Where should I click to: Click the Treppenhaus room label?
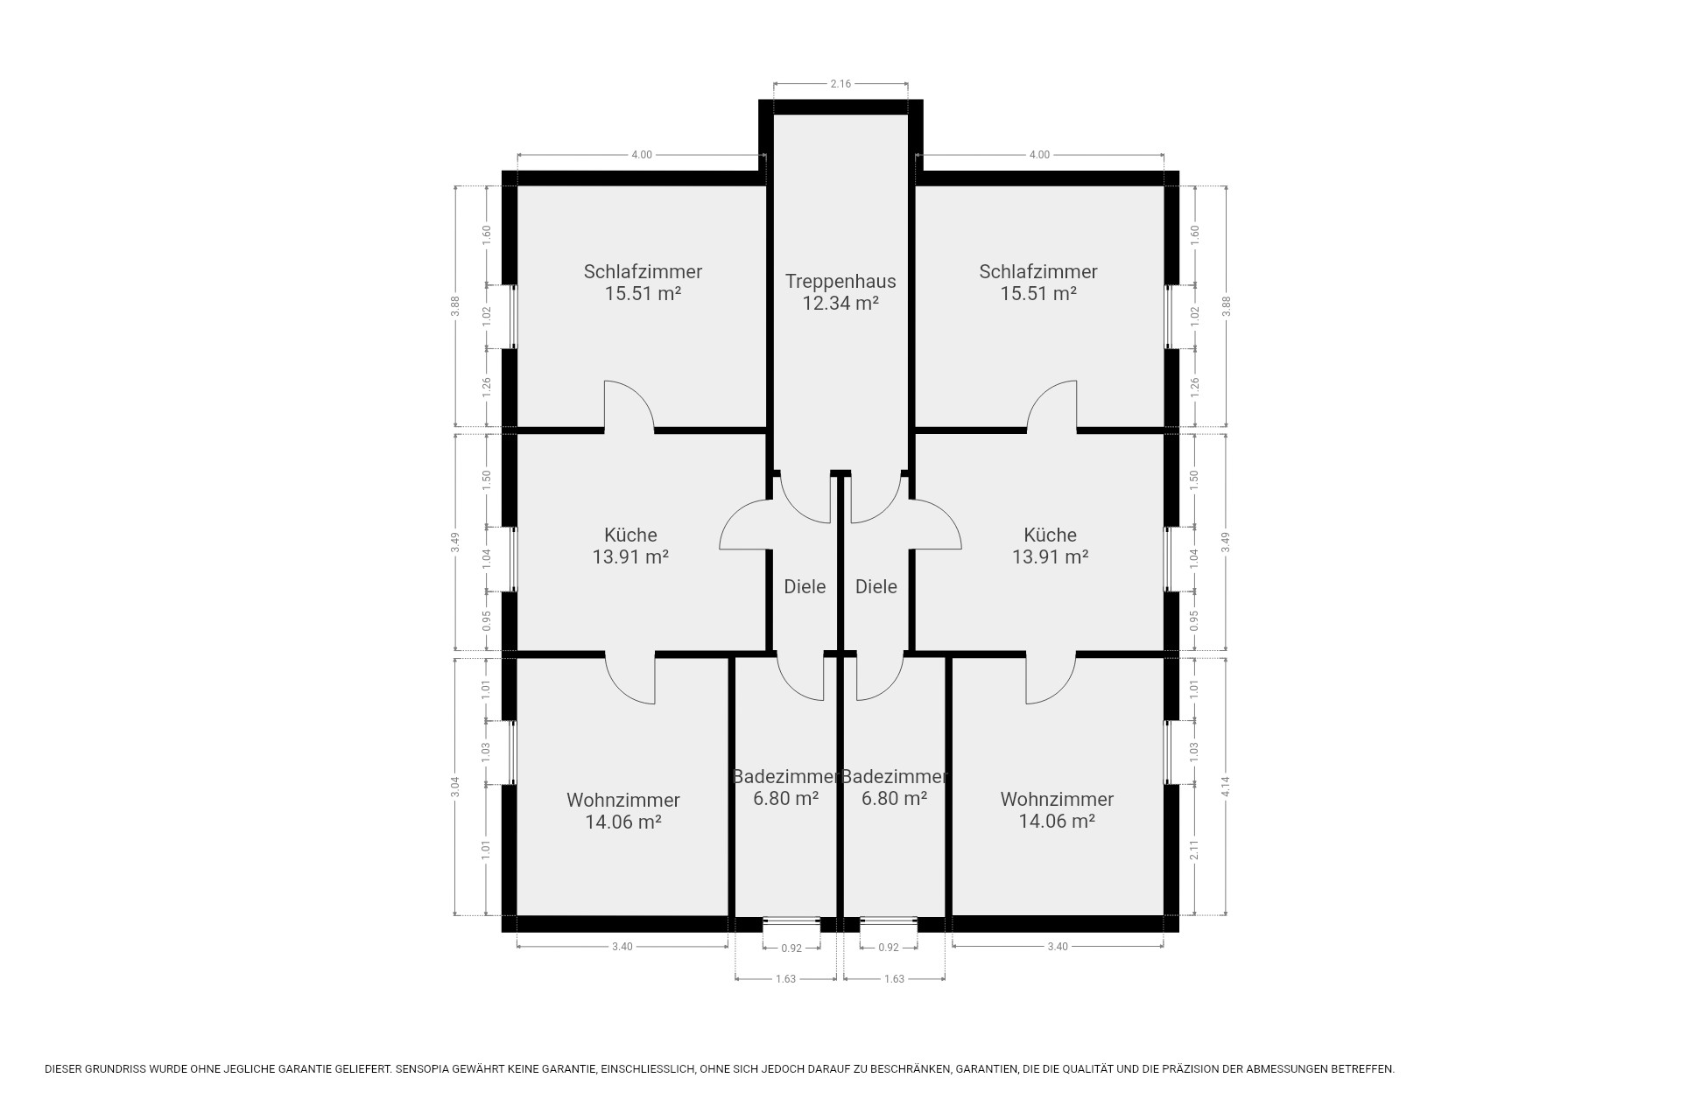pyautogui.click(x=840, y=282)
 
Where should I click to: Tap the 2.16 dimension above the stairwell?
pyautogui.click(x=840, y=84)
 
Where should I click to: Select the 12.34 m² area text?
pyautogui.click(x=840, y=304)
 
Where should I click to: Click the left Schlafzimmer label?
pyautogui.click(x=643, y=272)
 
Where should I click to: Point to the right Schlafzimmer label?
pyautogui.click(x=1038, y=272)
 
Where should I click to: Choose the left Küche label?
pyautogui.click(x=630, y=535)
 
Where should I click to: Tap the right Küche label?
pyautogui.click(x=1051, y=535)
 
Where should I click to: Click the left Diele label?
pyautogui.click(x=805, y=586)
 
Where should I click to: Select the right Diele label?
pyautogui.click(x=876, y=586)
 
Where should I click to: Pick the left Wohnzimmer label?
pyautogui.click(x=623, y=800)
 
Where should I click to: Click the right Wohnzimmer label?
pyautogui.click(x=1057, y=799)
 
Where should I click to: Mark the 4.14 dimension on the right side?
pyautogui.click(x=1226, y=787)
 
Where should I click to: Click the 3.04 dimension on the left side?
pyautogui.click(x=455, y=787)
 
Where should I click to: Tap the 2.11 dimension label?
pyautogui.click(x=1194, y=850)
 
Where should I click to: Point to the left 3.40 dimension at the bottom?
pyautogui.click(x=622, y=946)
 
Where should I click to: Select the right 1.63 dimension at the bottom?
pyautogui.click(x=894, y=978)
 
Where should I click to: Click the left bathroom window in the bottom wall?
pyautogui.click(x=791, y=920)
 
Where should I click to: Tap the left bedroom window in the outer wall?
pyautogui.click(x=514, y=317)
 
